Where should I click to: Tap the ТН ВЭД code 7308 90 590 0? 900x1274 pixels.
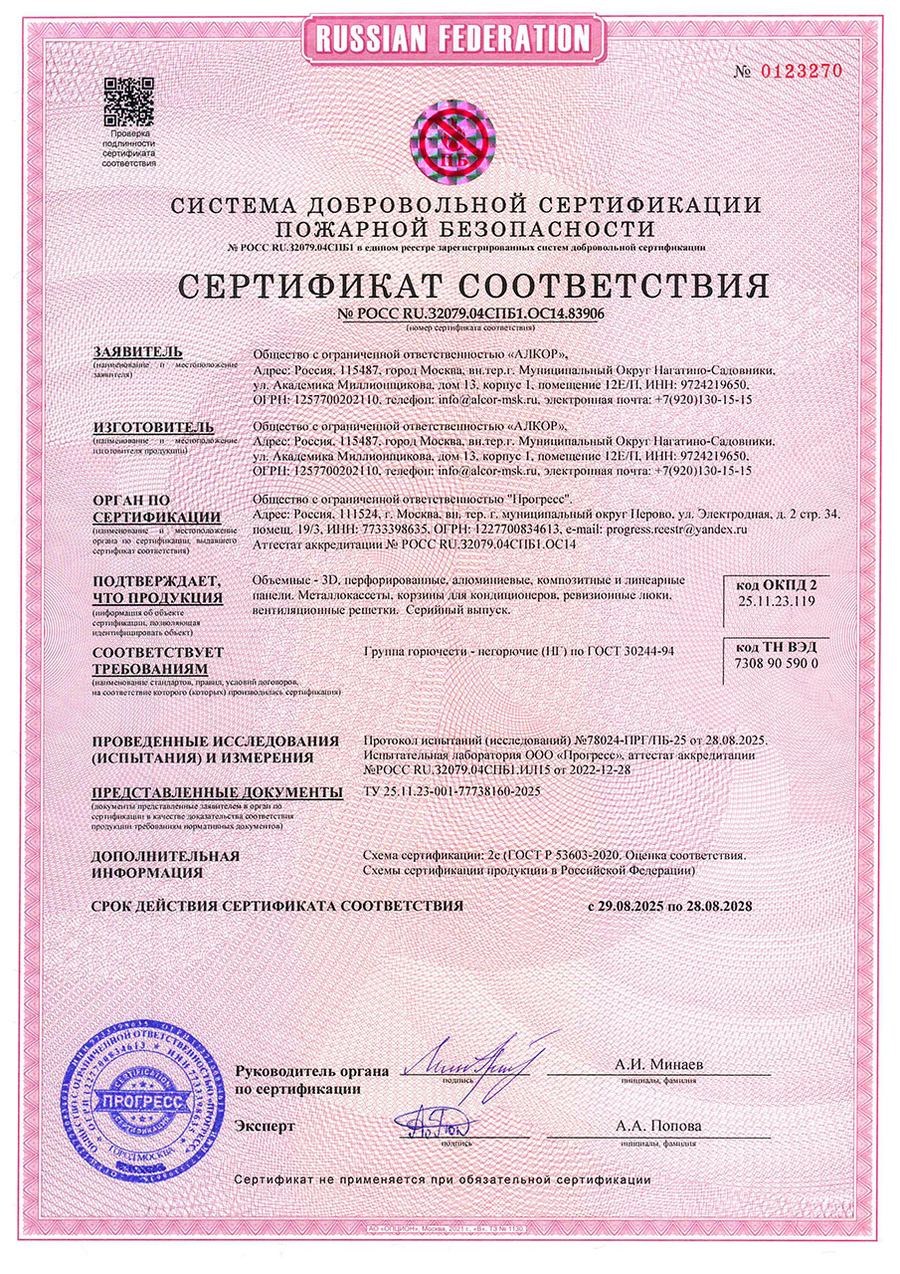(775, 663)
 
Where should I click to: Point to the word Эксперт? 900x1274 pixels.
(266, 1127)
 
